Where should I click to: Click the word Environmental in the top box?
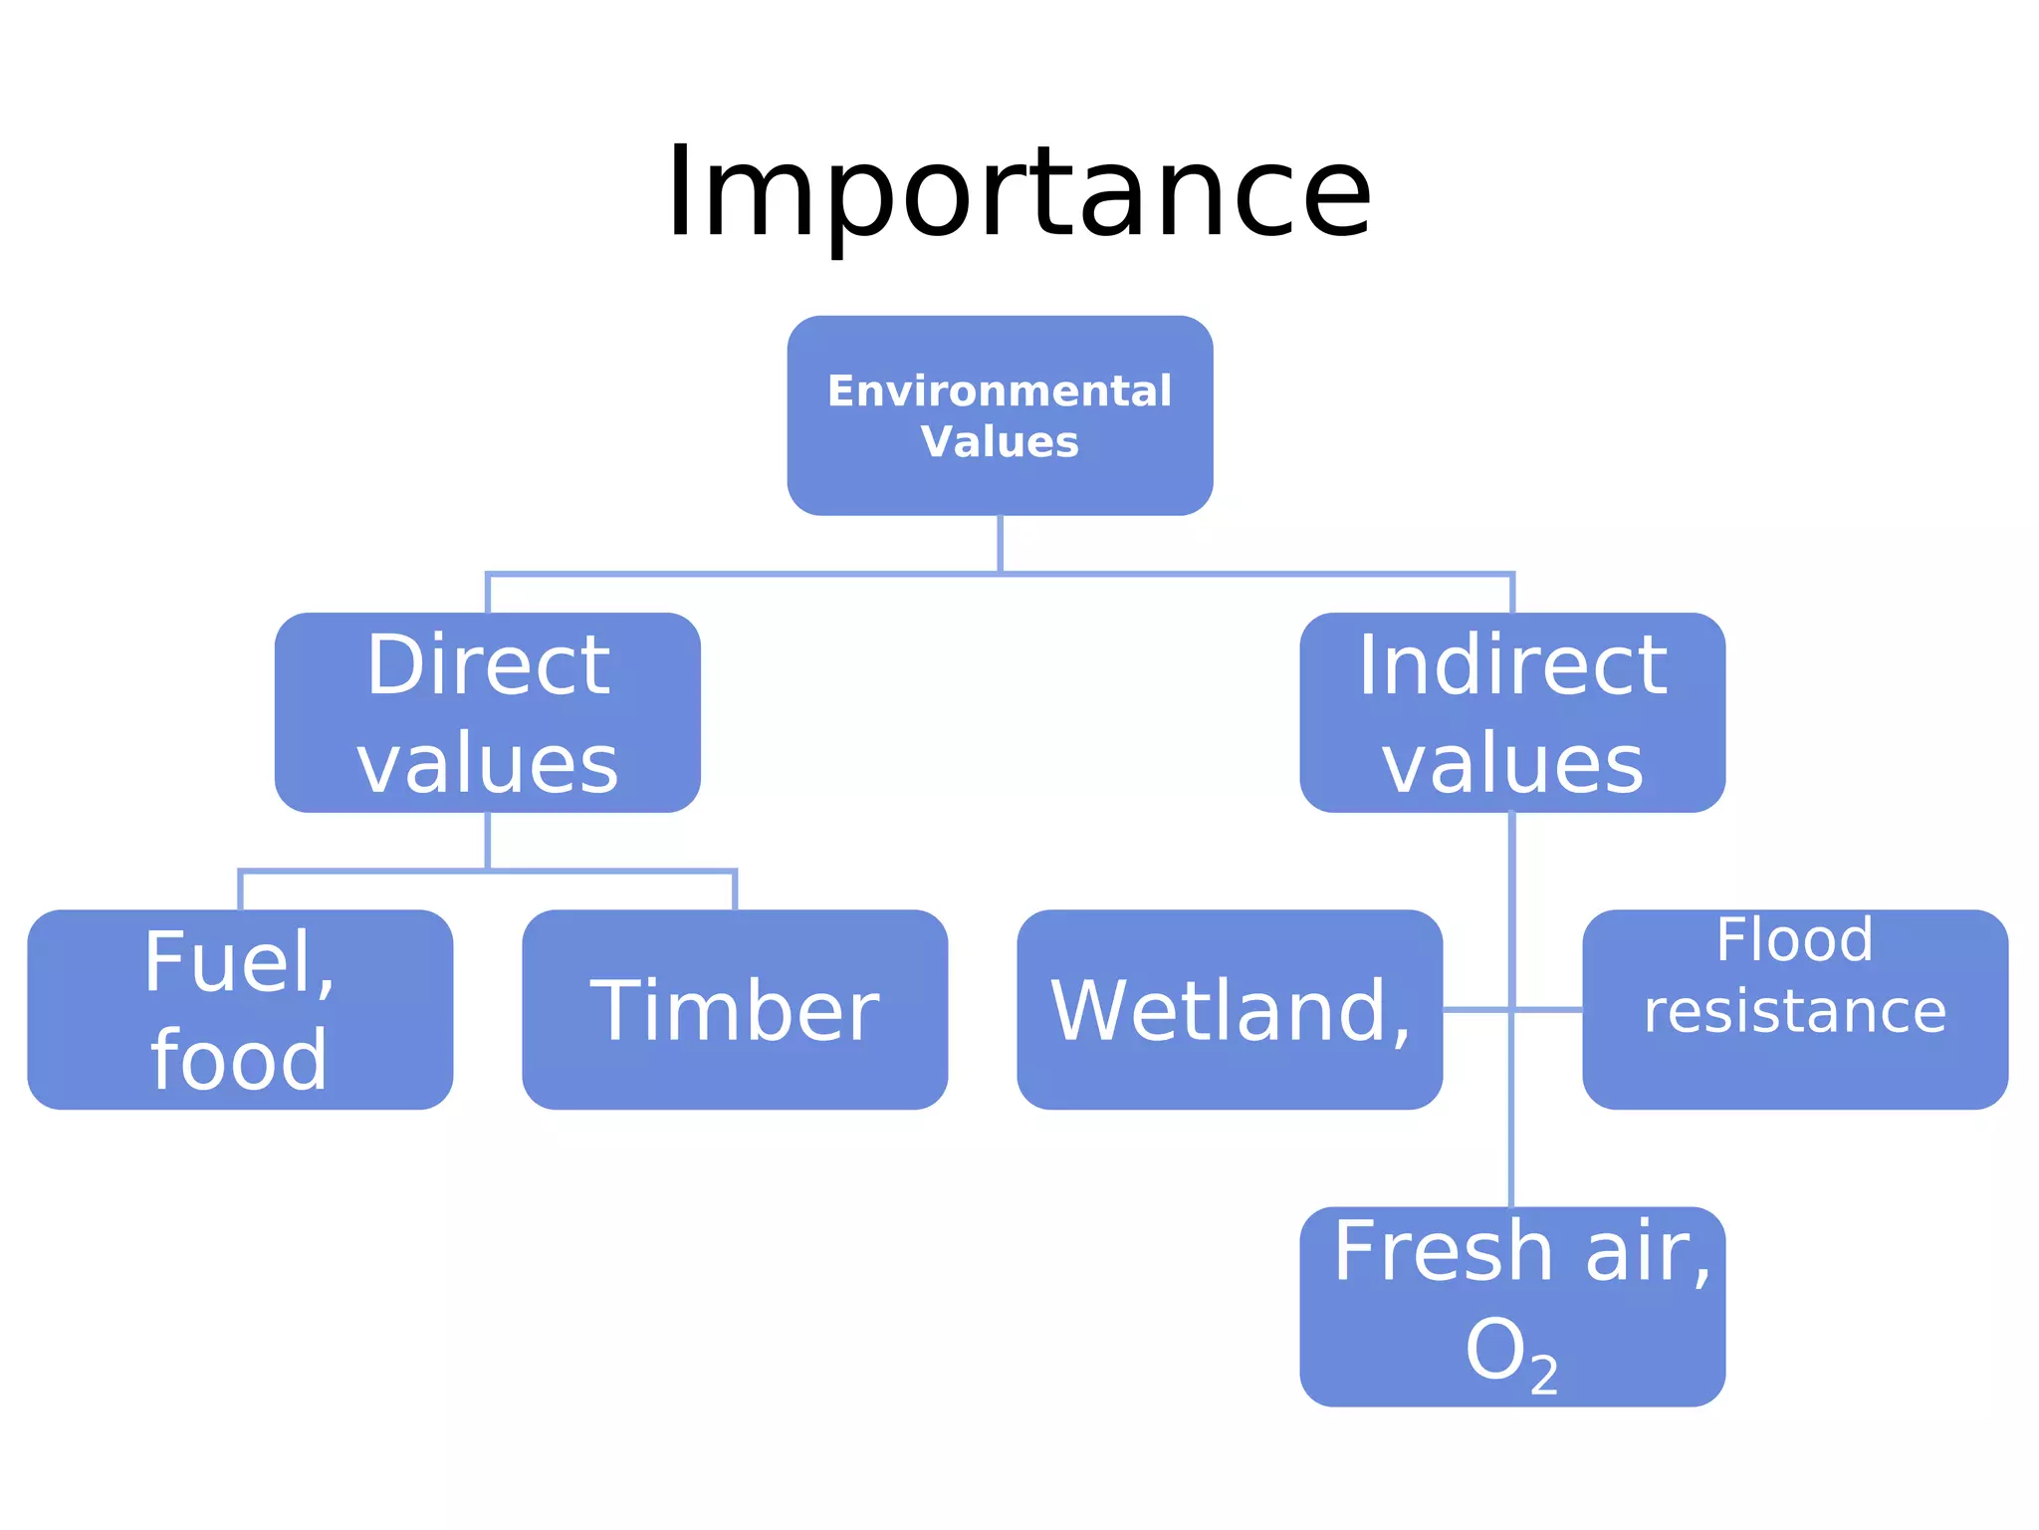(x=1000, y=390)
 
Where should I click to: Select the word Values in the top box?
(x=1000, y=442)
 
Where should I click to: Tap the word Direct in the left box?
(x=488, y=665)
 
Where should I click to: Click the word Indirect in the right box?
(x=1512, y=665)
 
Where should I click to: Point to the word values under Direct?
(x=488, y=764)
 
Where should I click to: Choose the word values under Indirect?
(x=1512, y=764)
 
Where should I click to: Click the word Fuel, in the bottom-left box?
(x=240, y=962)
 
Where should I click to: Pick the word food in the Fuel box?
(x=239, y=1060)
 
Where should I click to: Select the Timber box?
(x=735, y=1010)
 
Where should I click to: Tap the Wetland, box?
(x=1230, y=1010)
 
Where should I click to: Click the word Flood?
(x=1794, y=940)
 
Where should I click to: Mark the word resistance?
(x=1794, y=1012)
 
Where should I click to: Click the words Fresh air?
(x=1521, y=1251)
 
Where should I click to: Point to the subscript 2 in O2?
(x=1544, y=1377)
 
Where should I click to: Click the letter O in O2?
(x=1495, y=1351)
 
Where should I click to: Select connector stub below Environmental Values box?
(x=1000, y=543)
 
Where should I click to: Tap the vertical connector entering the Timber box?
(x=735, y=891)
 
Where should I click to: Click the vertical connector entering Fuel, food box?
(x=241, y=891)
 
